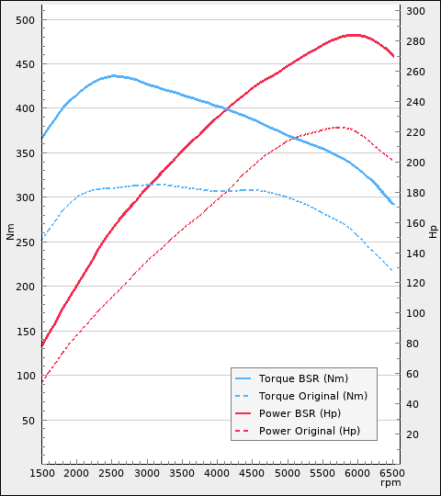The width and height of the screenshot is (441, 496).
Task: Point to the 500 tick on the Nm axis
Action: (x=26, y=19)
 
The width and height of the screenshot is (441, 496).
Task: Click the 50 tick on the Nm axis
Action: (x=28, y=420)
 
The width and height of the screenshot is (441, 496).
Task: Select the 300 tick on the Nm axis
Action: (x=26, y=197)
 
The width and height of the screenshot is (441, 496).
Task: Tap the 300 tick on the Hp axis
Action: (x=415, y=11)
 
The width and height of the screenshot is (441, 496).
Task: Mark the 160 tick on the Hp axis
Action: (x=415, y=222)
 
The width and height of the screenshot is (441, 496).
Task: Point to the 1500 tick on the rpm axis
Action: (x=42, y=472)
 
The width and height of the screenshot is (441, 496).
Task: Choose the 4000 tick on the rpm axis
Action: (x=217, y=472)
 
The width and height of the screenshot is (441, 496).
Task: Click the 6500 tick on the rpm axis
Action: (x=392, y=472)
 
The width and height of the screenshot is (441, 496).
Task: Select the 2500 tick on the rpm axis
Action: (x=112, y=472)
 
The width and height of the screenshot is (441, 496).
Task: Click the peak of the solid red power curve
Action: (x=353, y=35)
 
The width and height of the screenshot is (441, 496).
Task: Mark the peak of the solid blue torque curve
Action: (x=114, y=75)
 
